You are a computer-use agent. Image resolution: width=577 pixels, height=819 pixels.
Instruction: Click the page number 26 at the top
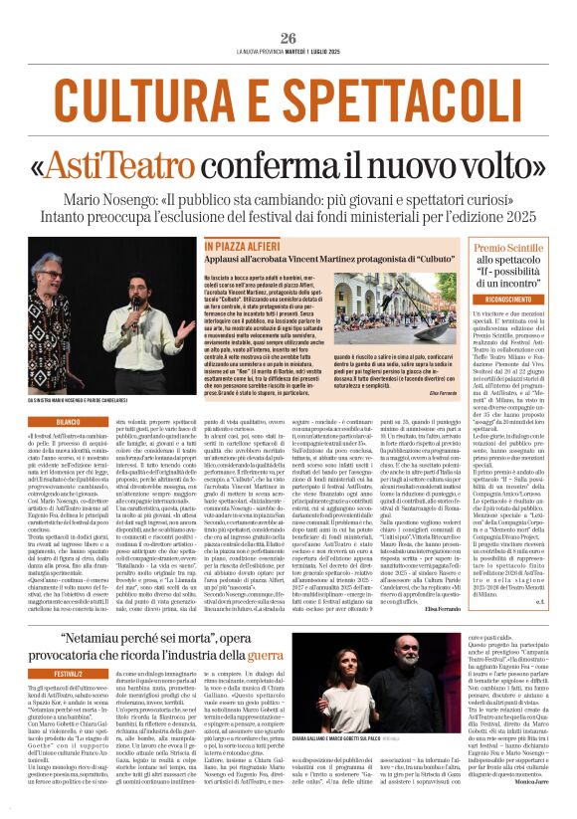[288, 38]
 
